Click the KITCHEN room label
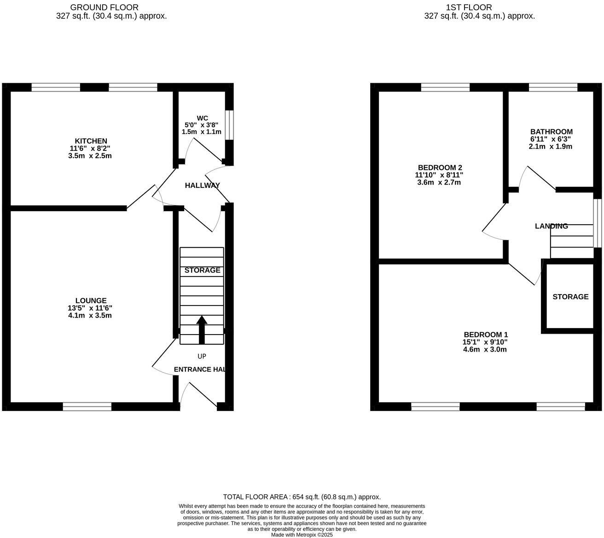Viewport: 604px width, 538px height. pos(91,141)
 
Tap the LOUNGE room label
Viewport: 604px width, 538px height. pos(91,301)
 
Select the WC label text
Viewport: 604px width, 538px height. pos(202,118)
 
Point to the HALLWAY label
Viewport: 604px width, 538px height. pos(202,185)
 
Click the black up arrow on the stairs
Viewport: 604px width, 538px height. pos(202,329)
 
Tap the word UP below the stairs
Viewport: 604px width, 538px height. pos(202,356)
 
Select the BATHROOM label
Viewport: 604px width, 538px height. pos(551,132)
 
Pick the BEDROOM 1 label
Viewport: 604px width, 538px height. pos(486,335)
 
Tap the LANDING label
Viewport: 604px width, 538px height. pos(551,226)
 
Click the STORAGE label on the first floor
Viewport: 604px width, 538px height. pos(570,297)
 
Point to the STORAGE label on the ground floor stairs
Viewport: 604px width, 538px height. pos(202,270)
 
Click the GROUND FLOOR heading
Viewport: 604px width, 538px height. pos(104,7)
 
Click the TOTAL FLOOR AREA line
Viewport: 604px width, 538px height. pos(302,497)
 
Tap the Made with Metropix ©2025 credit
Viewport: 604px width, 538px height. pos(302,535)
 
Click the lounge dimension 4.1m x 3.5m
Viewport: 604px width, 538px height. pos(91,316)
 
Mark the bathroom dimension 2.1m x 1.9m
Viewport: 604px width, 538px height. pos(551,146)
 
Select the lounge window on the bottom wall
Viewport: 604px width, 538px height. pos(87,406)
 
